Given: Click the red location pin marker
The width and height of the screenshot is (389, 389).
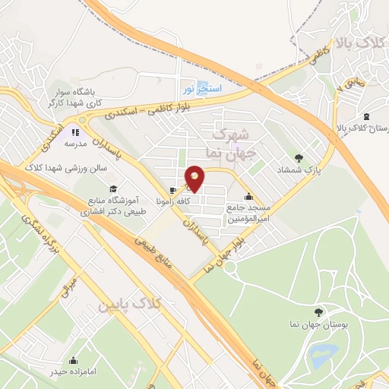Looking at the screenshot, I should point(195,178).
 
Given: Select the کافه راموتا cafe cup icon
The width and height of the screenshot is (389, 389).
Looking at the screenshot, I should point(173,190).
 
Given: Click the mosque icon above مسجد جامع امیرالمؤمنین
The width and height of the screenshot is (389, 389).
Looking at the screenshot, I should point(248,197).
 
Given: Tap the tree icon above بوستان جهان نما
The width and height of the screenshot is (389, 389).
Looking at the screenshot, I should point(318,312).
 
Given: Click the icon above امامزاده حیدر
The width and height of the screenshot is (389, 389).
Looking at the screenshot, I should point(74,360).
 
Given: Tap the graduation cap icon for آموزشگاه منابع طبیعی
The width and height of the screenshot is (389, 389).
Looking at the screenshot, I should point(113,188).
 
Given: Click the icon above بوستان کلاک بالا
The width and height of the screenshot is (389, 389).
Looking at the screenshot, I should point(368,116).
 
